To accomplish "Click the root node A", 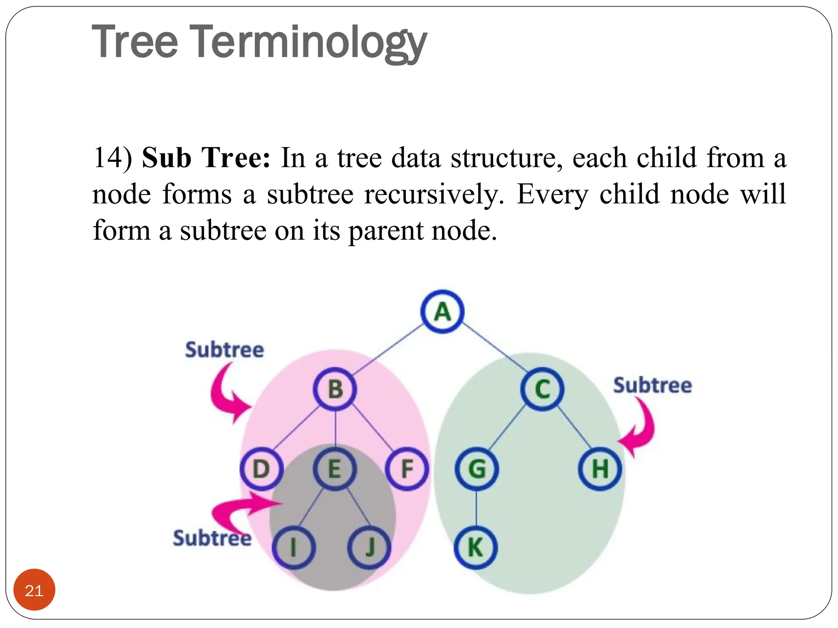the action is pos(442,312).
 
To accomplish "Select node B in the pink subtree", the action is pos(335,389).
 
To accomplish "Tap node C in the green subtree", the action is pos(542,389).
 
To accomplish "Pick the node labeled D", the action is pos(261,469).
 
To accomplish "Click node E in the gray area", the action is pos(335,469).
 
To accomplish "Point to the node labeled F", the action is pos(407,469).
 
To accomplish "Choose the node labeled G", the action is pos(477,469).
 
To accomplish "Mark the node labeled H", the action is pos(600,469).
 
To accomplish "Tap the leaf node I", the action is pos(293,547).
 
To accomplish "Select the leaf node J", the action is pos(369,547).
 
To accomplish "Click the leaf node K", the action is pos(475,547).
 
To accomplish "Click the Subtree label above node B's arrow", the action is pos(224,350).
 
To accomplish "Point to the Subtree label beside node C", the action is pos(652,386).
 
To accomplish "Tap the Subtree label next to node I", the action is pos(212,538).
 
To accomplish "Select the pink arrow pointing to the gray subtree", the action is pos(241,509).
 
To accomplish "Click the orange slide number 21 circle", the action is pos(34,590).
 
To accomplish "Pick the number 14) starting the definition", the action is pos(113,157).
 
